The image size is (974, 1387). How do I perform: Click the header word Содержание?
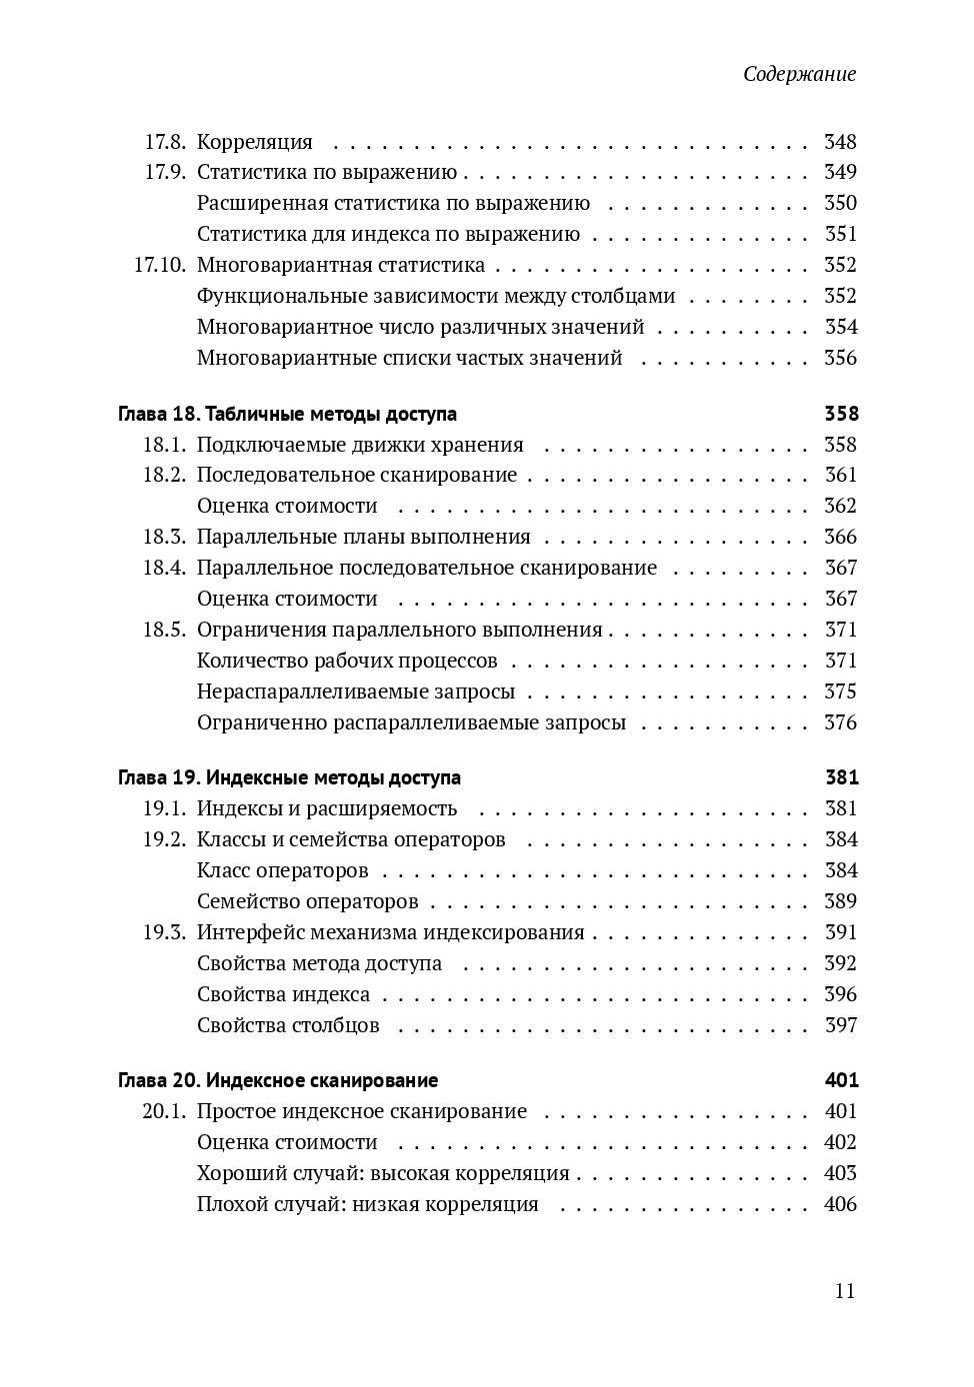coord(799,75)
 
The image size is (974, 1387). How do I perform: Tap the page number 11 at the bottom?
coord(845,1290)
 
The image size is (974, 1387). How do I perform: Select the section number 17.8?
coord(165,142)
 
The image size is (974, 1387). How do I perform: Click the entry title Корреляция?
coord(255,142)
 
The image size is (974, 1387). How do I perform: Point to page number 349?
coord(840,172)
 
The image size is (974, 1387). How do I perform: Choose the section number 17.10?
coord(160,265)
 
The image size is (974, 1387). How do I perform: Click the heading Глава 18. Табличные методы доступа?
coord(287,414)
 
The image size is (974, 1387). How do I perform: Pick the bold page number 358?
coord(841,414)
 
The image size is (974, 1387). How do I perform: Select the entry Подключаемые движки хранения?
coord(360,445)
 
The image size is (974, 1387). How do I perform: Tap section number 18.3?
coord(164,537)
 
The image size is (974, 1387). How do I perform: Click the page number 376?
coord(840,722)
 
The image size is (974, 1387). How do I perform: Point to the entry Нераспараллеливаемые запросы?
coord(356,692)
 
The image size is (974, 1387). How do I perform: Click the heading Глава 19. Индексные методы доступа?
coord(289,777)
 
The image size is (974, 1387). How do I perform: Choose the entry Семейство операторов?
coord(308,901)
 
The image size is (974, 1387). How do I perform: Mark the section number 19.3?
coord(164,932)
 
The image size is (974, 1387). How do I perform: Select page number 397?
coord(840,1025)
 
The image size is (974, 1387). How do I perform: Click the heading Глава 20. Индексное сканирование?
coord(278,1080)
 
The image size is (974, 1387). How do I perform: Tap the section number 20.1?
coord(164,1111)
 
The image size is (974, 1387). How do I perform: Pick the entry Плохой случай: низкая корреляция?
coord(368,1204)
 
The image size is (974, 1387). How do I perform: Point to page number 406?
coord(840,1204)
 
